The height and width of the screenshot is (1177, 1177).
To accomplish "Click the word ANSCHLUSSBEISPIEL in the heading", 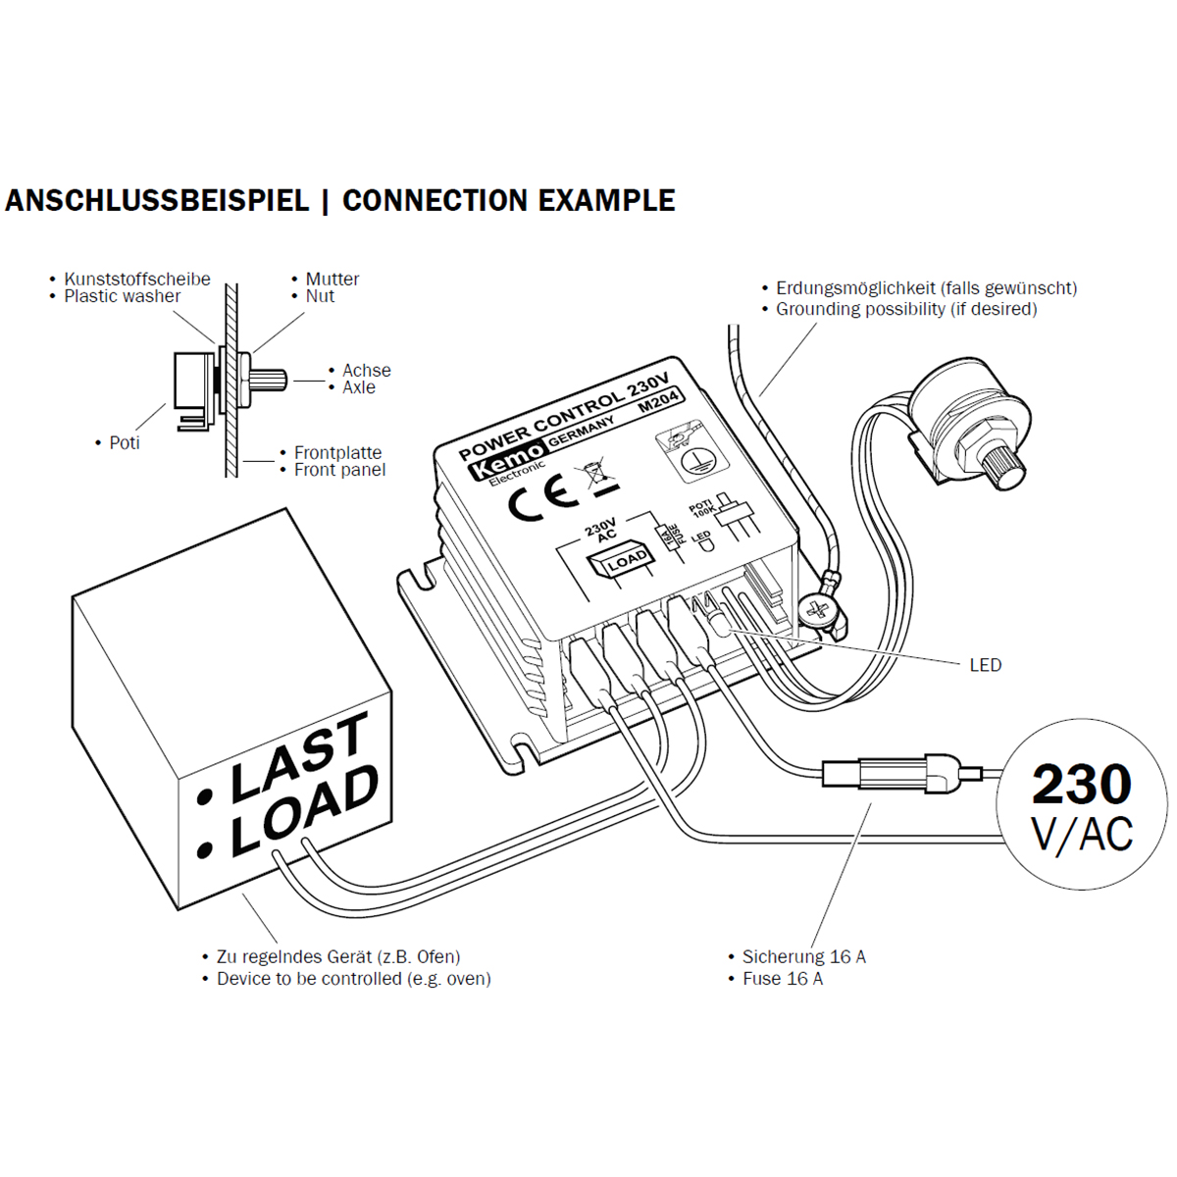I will coord(157,201).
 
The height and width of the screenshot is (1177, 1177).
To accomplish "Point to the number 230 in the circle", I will coord(1081,785).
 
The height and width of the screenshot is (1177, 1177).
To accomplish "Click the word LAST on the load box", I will coord(299,756).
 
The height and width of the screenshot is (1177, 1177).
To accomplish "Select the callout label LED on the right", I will coord(985,665).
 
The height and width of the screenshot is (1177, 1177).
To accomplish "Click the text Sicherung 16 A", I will coord(803,956).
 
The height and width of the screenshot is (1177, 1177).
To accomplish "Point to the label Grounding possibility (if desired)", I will coord(905,309).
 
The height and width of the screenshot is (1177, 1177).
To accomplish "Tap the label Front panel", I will coord(339,470).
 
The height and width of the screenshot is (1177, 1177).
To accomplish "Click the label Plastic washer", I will coord(122,296).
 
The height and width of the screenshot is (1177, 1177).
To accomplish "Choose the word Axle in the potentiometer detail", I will coord(359,387).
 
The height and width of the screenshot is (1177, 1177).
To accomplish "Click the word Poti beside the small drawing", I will coord(125,443).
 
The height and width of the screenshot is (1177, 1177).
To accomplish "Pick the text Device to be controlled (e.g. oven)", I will coord(353,979).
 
